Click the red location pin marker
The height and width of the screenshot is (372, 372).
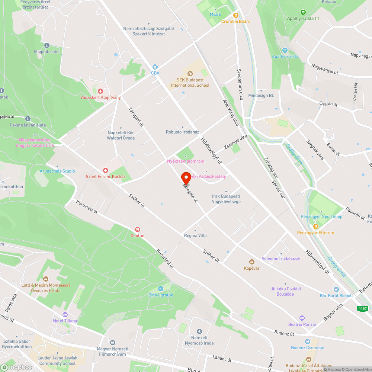click(186, 178)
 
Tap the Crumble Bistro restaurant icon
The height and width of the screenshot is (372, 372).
click(235, 15)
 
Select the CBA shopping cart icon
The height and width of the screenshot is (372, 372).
click(155, 67)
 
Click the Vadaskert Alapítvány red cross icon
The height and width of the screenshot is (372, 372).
click(100, 91)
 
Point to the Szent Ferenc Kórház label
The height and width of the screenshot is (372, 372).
click(105, 176)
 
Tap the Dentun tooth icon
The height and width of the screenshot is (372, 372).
click(137, 230)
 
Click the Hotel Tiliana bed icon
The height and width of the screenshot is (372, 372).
click(65, 315)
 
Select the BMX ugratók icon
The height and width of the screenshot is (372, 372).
click(161, 289)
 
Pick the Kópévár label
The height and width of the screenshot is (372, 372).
click(251, 268)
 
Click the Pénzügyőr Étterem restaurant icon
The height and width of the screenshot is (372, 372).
click(315, 226)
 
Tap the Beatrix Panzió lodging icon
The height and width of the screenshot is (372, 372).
click(302, 318)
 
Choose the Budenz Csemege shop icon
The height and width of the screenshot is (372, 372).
click(307, 341)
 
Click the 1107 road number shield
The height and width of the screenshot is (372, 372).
click(363, 309)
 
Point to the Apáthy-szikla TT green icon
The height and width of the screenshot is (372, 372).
click(303, 12)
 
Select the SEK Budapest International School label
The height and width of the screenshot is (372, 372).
click(190, 83)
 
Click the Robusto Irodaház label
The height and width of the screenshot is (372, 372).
click(182, 132)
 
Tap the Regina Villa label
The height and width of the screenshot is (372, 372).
click(195, 235)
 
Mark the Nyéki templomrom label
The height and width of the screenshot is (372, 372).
click(186, 161)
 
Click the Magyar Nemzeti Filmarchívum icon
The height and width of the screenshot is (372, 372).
click(112, 342)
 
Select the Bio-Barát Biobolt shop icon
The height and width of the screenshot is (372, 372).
click(336, 289)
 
